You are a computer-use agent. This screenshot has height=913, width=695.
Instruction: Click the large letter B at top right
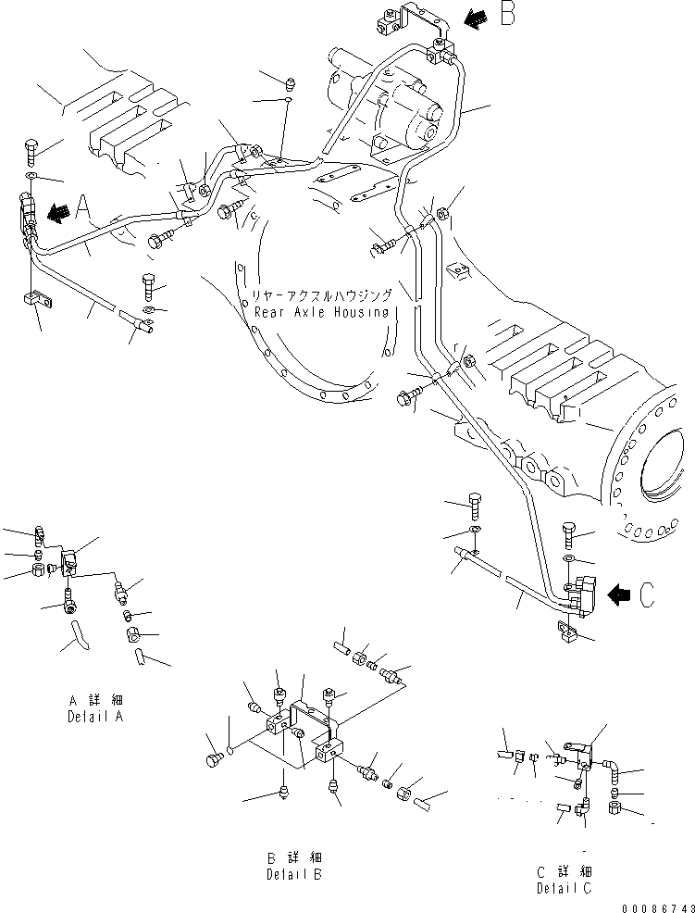[507, 16]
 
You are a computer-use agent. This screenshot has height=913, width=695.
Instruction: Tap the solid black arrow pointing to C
[615, 594]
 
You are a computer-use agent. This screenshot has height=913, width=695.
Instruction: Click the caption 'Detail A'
[95, 717]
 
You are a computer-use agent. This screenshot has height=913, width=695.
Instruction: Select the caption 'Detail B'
[295, 873]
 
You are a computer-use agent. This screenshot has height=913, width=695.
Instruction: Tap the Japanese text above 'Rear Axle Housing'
[321, 296]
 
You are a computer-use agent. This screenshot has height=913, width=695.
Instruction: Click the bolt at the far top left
[30, 147]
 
